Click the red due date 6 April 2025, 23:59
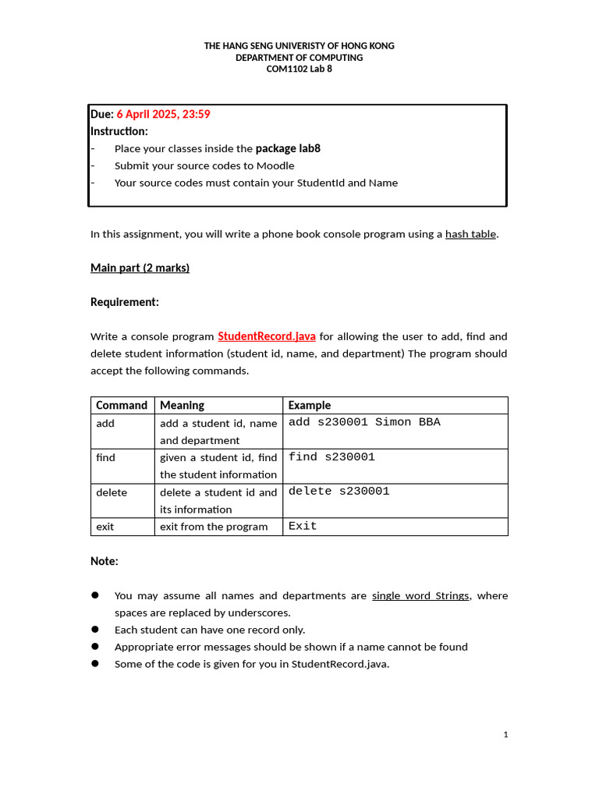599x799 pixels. (x=163, y=114)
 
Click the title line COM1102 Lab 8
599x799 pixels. (x=299, y=69)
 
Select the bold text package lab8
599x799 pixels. (x=288, y=148)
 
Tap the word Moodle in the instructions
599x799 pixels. (x=278, y=165)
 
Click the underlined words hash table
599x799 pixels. (x=470, y=234)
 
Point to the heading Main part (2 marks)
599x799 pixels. (x=140, y=268)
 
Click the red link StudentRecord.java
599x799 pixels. (x=267, y=336)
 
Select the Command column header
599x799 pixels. (x=121, y=405)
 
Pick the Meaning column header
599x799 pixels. (x=182, y=405)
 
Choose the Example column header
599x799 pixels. (x=310, y=405)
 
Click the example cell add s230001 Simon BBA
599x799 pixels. (x=364, y=422)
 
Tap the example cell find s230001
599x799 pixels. (x=331, y=457)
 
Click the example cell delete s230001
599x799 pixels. (x=338, y=492)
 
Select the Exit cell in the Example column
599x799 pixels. (x=303, y=527)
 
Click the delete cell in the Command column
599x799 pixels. (x=112, y=492)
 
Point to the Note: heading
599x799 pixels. (x=105, y=561)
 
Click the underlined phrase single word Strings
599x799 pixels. (x=420, y=595)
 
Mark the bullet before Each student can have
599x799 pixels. (x=95, y=629)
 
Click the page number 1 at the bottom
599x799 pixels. (x=505, y=734)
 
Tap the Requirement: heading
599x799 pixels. (x=125, y=302)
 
